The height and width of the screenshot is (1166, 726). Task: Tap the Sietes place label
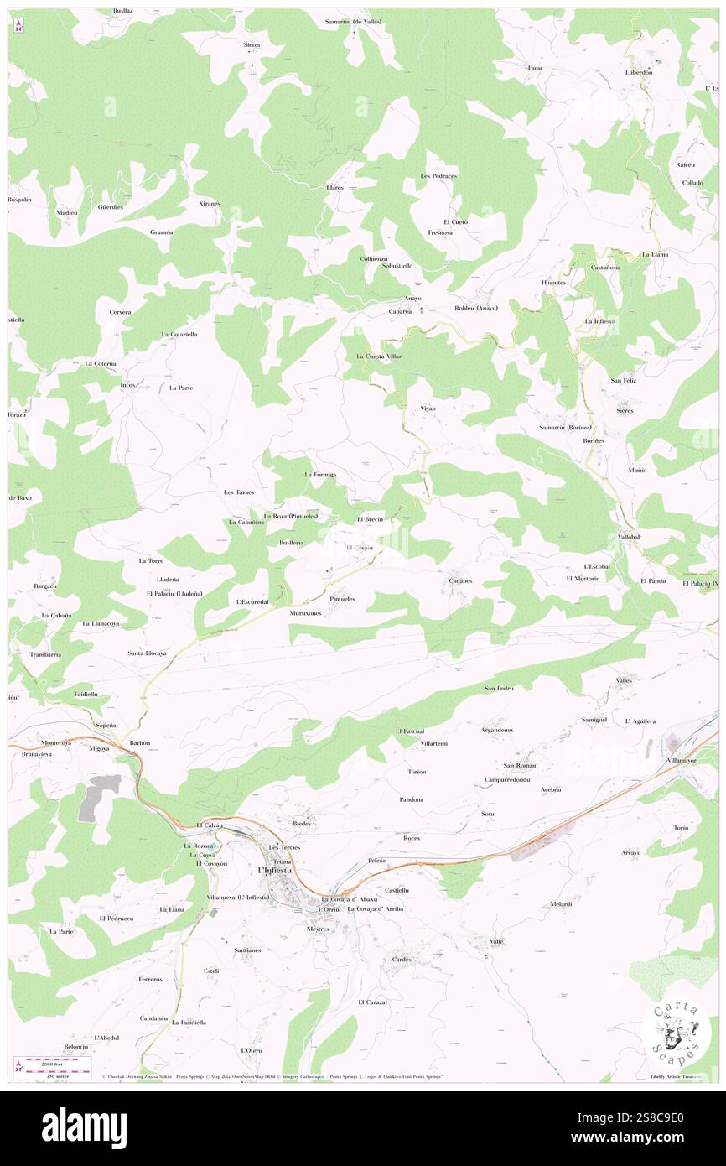(252, 44)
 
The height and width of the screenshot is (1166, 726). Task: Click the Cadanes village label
(460, 580)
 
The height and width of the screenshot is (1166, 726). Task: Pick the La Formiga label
(320, 475)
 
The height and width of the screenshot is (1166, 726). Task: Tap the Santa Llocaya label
(147, 653)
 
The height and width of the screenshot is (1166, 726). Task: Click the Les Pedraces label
(438, 176)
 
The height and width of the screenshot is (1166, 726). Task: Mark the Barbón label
(139, 743)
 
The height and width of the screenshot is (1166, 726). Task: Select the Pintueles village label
(342, 599)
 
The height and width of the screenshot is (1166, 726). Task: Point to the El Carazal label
(372, 1002)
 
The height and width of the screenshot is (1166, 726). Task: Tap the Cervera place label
(120, 312)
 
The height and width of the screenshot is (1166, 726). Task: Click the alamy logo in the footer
(84, 1127)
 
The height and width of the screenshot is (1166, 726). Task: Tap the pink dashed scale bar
(57, 1061)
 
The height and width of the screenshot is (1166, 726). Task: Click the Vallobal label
(629, 536)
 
